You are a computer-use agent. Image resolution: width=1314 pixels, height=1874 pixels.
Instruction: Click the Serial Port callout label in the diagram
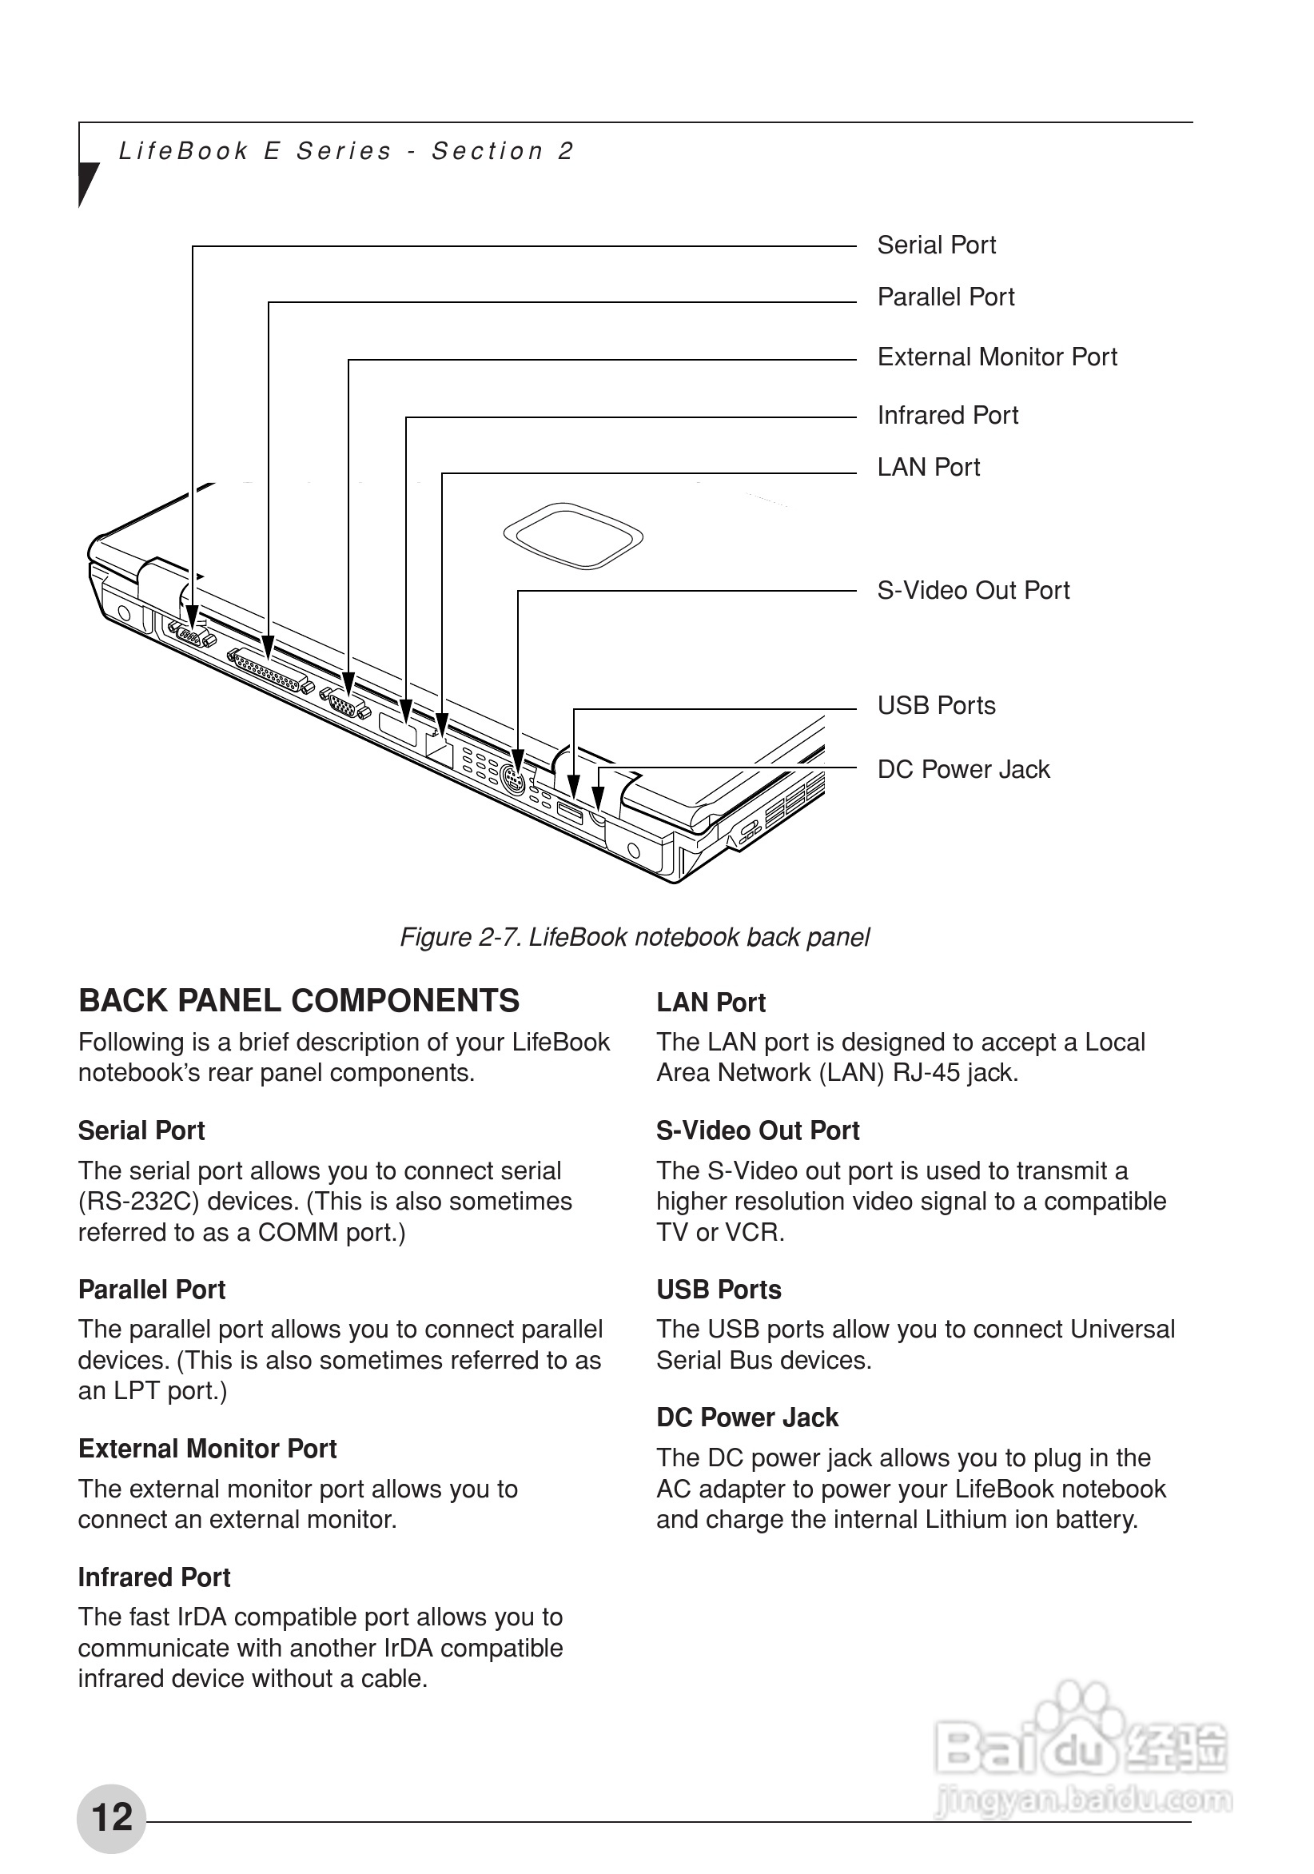935,245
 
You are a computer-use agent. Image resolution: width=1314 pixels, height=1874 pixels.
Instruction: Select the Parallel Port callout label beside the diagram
945,297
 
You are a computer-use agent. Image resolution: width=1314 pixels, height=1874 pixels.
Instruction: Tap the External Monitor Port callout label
997,357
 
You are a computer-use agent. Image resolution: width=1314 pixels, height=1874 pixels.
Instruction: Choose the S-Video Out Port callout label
973,590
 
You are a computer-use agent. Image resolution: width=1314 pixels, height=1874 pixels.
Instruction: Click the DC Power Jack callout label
963,769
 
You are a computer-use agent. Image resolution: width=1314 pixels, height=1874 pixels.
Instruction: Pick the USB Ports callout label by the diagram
936,705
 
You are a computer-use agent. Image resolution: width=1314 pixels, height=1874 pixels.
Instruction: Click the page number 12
112,1817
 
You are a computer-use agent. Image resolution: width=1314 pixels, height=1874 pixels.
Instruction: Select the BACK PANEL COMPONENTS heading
299,1001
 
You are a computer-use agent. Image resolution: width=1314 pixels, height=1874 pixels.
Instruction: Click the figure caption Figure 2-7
634,937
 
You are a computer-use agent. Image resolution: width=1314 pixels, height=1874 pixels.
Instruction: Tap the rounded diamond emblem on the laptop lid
573,536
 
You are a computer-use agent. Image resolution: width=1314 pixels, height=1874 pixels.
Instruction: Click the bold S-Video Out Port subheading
758,1130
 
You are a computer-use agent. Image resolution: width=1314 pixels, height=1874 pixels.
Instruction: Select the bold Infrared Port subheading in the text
154,1577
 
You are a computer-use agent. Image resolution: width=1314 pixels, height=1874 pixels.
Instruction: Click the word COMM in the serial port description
298,1232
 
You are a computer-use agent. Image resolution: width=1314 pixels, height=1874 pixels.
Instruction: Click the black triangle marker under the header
87,182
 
